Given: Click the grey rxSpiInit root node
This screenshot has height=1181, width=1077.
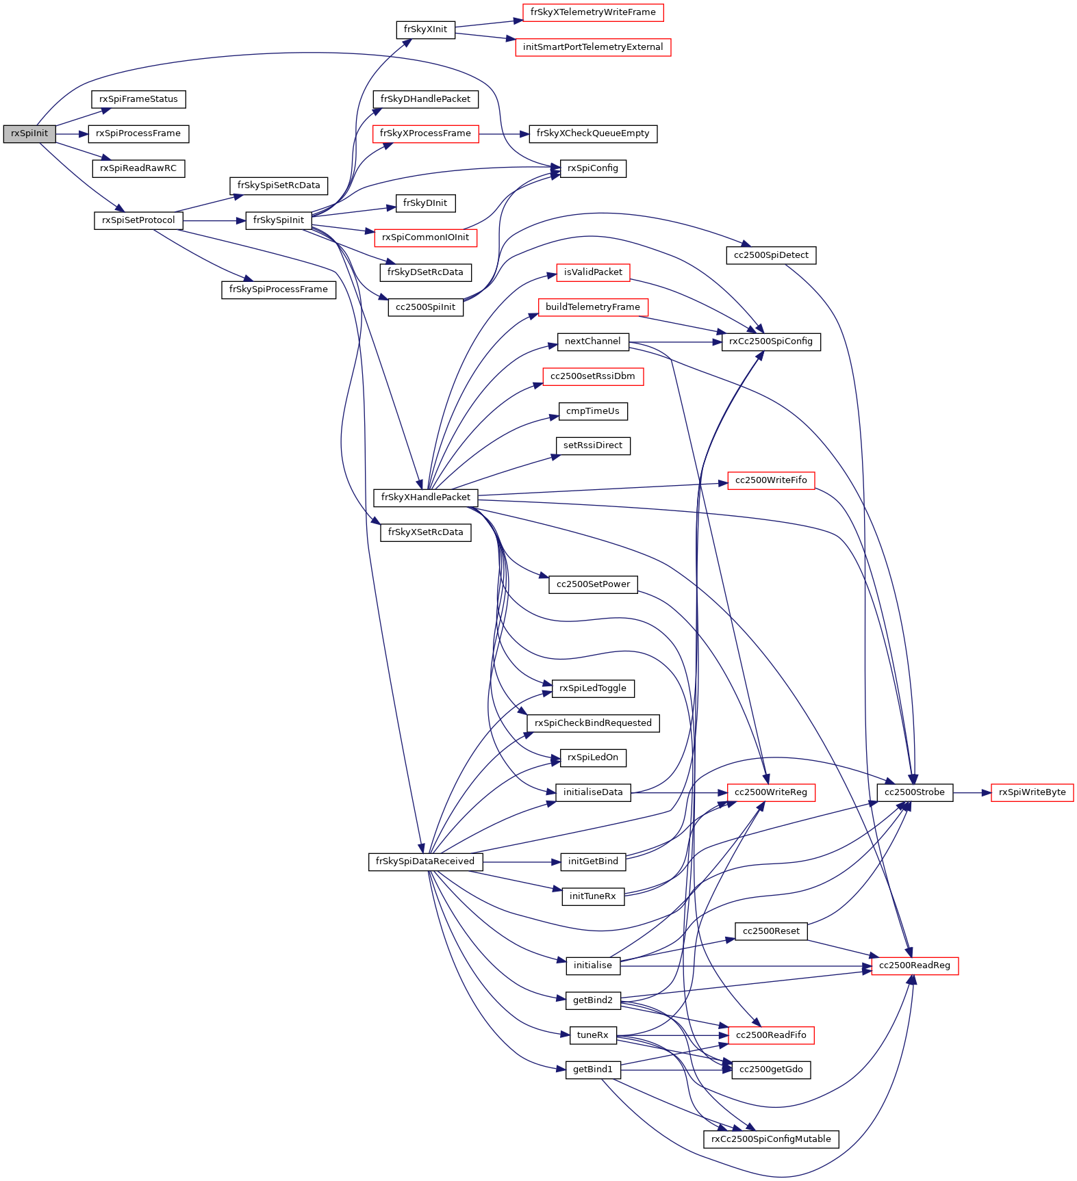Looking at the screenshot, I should point(29,133).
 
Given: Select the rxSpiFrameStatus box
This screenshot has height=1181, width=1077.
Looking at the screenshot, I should point(138,99).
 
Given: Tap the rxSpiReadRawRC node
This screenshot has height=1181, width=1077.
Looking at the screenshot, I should point(138,168).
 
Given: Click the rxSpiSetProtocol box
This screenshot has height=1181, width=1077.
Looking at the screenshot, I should point(138,220).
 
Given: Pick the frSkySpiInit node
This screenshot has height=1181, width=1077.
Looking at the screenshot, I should point(278,220).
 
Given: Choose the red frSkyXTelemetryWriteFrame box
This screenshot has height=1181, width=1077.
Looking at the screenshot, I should point(593,12).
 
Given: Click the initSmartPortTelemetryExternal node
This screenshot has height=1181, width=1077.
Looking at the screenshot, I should point(593,47).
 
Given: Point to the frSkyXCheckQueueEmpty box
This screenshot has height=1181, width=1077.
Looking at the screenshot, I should point(593,133).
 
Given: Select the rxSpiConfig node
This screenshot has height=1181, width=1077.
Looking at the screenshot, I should point(593,168).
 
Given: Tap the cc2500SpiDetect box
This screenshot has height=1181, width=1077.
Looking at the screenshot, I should point(771,255).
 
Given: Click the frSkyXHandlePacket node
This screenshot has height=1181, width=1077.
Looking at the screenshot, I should point(425,497).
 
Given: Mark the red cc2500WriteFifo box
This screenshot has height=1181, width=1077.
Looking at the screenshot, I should point(771,480).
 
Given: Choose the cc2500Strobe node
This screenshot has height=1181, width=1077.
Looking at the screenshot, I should point(914,792).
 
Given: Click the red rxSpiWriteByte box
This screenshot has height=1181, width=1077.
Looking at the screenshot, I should point(1032,792).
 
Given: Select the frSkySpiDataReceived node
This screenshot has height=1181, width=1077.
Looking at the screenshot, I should point(425,861).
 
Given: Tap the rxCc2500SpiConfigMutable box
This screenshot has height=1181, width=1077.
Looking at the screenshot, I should point(771,1139).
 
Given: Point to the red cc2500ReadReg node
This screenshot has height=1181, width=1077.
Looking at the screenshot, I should point(914,965).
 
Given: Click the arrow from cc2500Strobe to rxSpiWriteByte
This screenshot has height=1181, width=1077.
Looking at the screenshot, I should point(972,792).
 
